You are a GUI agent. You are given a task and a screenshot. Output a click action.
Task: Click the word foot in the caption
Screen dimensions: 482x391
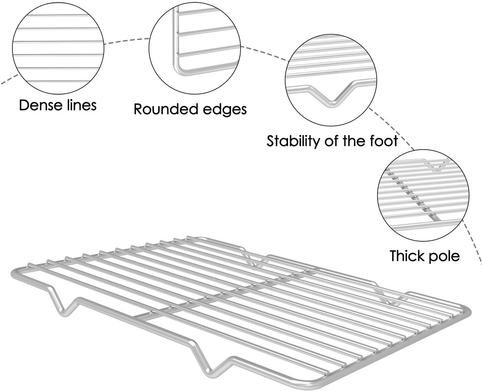(x=384, y=141)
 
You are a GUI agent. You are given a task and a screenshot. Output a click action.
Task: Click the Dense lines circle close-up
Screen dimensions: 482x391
(x=58, y=48)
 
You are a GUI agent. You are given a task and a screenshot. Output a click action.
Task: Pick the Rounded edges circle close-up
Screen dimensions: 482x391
(x=195, y=48)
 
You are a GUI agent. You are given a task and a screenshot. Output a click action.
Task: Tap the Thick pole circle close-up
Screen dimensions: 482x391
(x=423, y=195)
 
